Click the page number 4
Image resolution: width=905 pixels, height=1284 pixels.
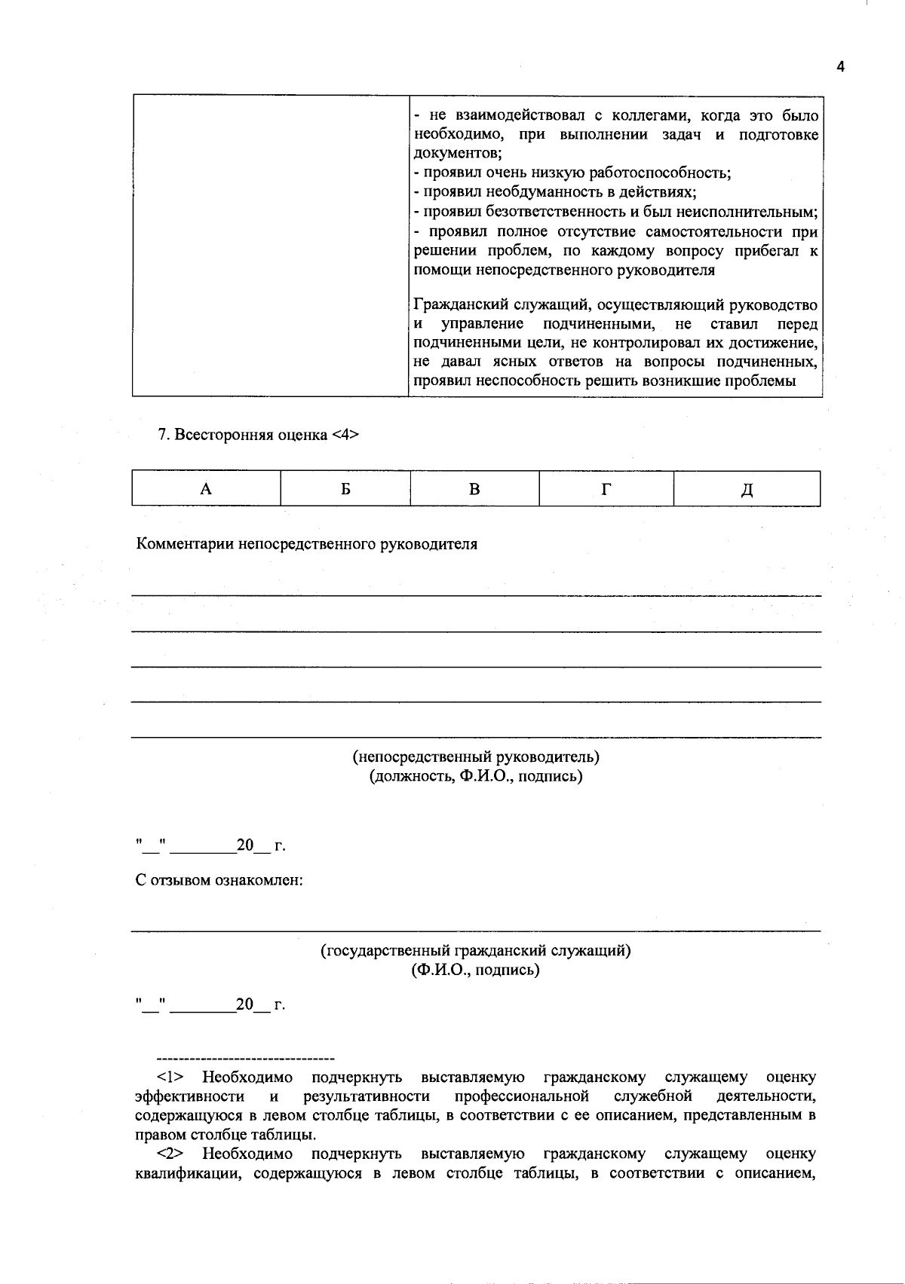coord(840,67)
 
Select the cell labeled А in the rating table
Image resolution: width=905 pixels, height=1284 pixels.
coord(205,489)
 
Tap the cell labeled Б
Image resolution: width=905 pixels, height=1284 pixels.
coord(345,489)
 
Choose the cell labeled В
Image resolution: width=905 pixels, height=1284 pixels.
coord(474,489)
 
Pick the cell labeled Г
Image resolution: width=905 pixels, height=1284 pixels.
coord(606,489)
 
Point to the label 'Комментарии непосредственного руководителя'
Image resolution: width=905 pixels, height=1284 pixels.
coord(307,544)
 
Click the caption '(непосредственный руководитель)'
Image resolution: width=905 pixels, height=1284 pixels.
coord(476,757)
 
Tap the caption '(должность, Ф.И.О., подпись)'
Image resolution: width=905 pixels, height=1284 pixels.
coord(476,776)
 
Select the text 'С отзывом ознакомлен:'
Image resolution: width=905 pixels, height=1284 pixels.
coord(219,880)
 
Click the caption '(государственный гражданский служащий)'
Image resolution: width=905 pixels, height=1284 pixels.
coord(476,951)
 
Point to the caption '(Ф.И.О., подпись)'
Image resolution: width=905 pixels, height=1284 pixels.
coord(476,971)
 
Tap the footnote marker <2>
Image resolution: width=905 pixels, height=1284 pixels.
coord(170,1154)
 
